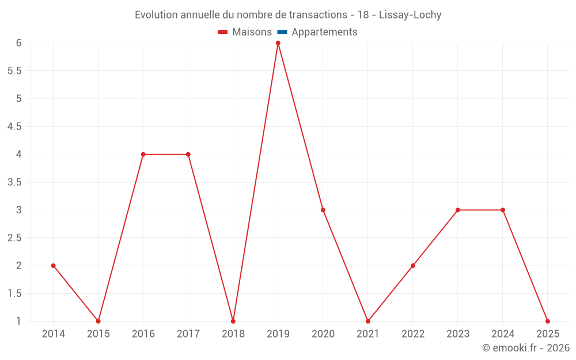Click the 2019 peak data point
[278, 43]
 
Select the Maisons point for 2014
[53, 266]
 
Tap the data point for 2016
[143, 154]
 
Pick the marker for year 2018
[233, 321]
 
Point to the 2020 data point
[323, 210]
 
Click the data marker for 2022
[413, 266]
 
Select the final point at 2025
[548, 321]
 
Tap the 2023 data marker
[458, 210]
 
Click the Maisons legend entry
[245, 32]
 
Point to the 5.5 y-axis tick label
[14, 71]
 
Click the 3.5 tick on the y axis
[14, 182]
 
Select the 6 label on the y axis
[18, 43]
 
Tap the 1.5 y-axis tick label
[14, 293]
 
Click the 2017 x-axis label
[188, 334]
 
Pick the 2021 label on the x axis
[368, 334]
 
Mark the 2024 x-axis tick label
[503, 334]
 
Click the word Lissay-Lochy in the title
[410, 15]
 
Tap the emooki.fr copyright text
[526, 348]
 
